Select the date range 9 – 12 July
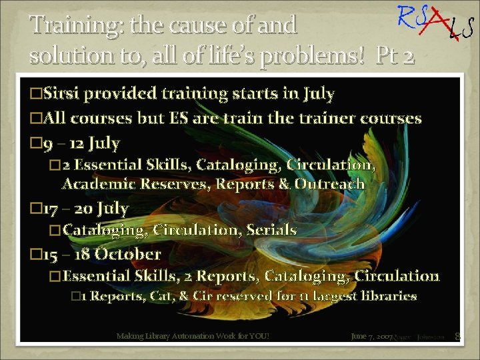81,143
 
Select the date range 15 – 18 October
101,254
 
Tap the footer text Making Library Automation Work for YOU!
193,337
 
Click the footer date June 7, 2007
371,337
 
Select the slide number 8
457,337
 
